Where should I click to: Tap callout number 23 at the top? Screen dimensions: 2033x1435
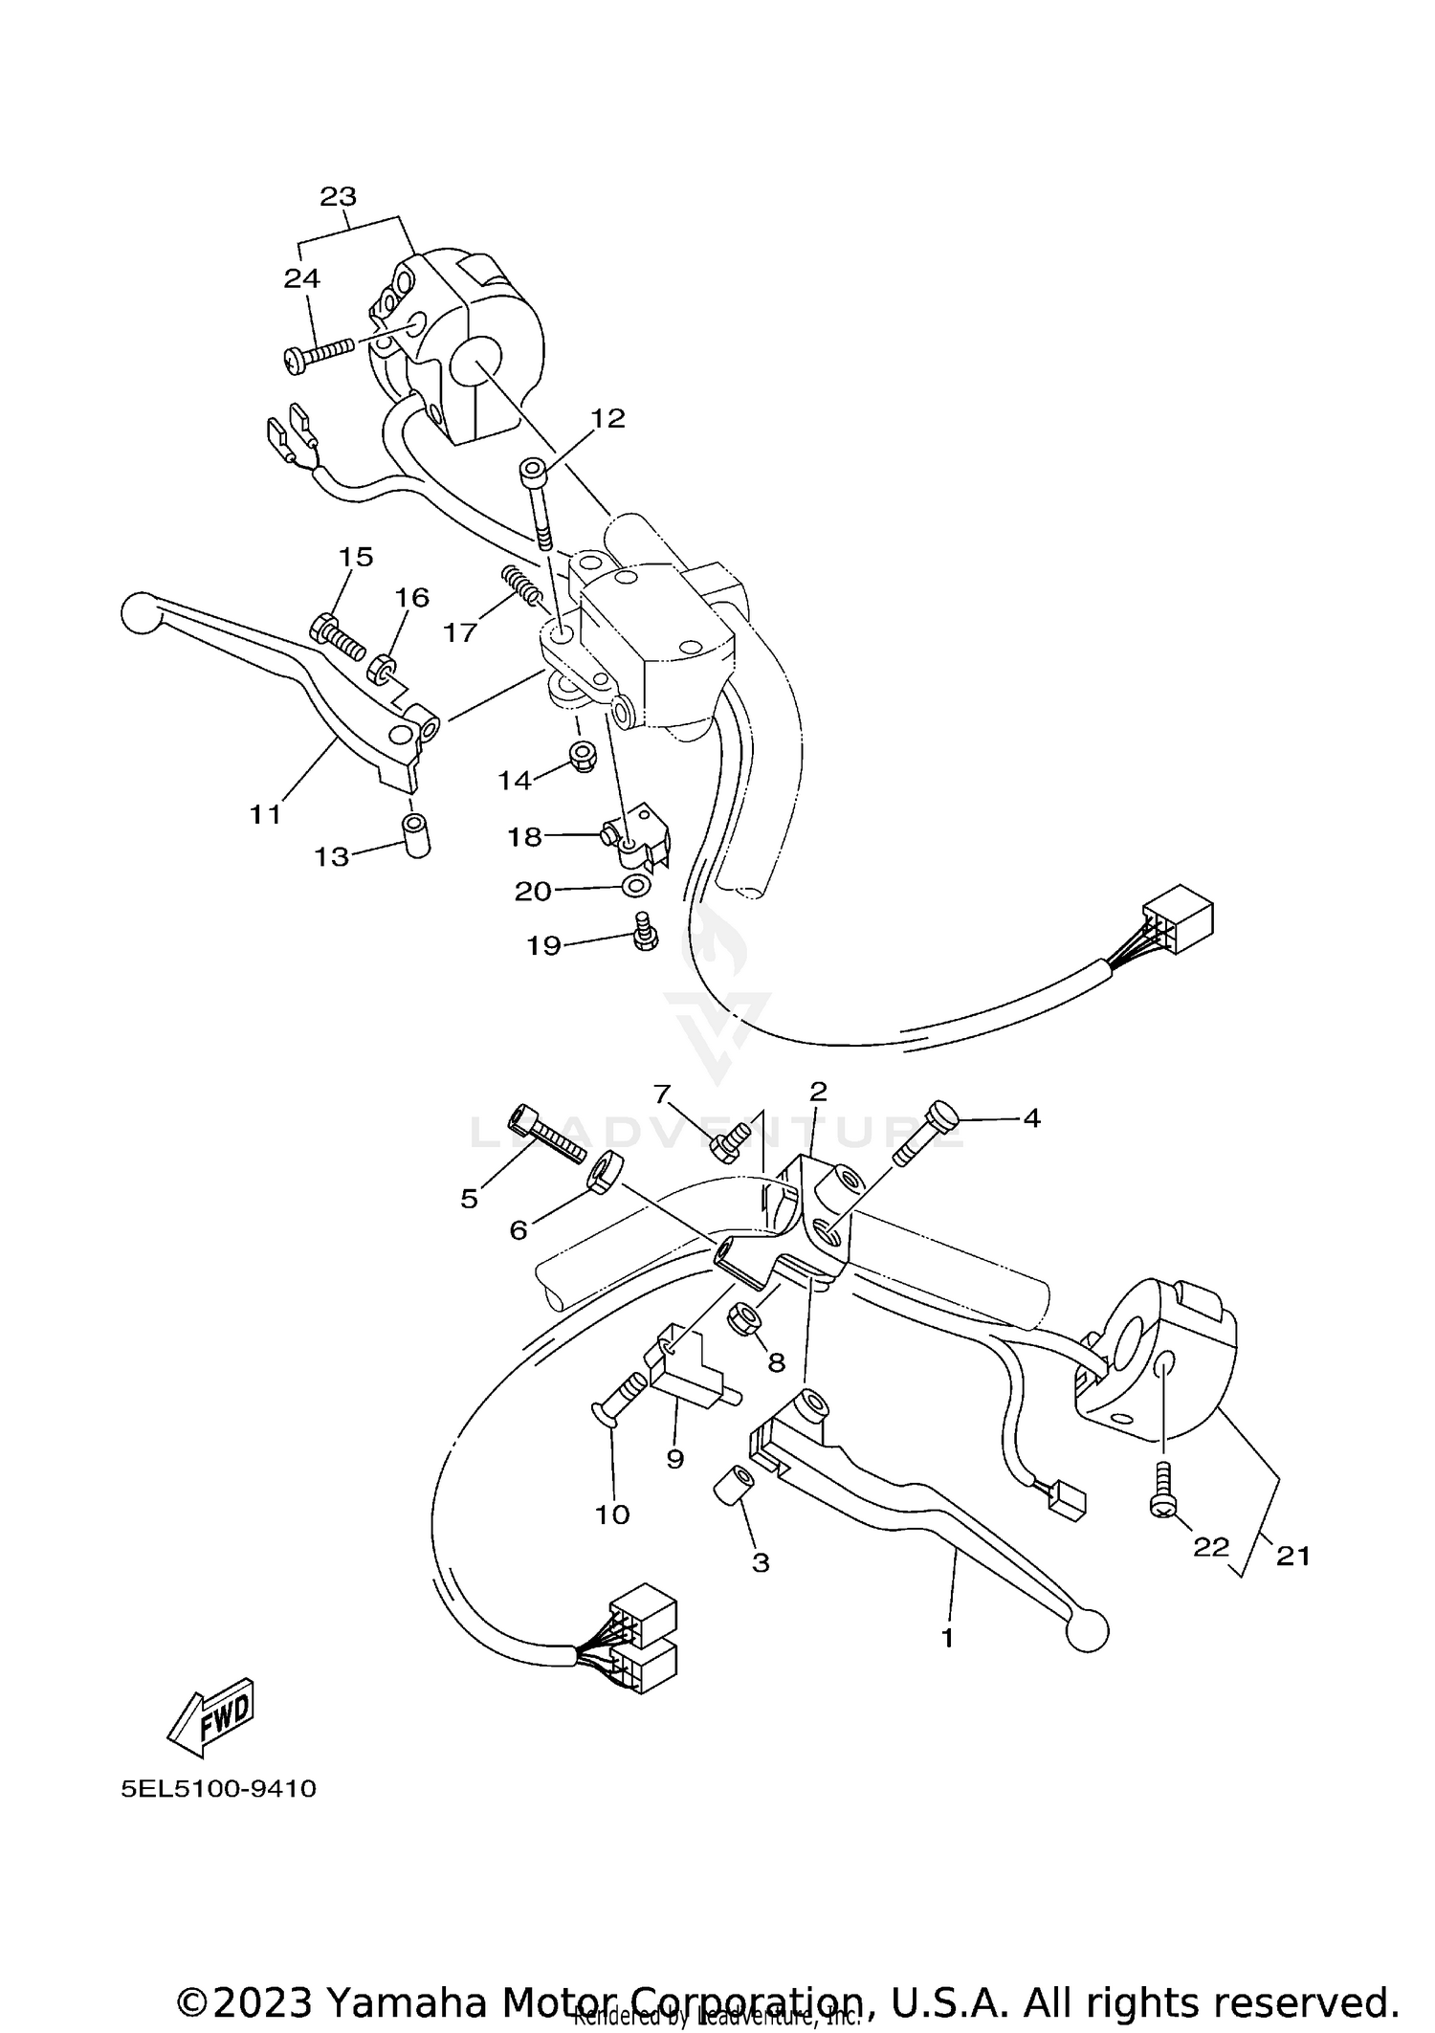pos(338,196)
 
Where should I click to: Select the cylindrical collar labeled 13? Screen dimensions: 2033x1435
pos(416,834)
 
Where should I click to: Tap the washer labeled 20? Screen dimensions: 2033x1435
pos(633,886)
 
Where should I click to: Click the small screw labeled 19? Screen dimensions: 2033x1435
pos(645,931)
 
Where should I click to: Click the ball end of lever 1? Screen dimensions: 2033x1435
pos(1086,1629)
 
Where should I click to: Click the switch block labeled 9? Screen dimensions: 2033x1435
pos(684,1365)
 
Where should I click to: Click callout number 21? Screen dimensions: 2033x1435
pos(1292,1557)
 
